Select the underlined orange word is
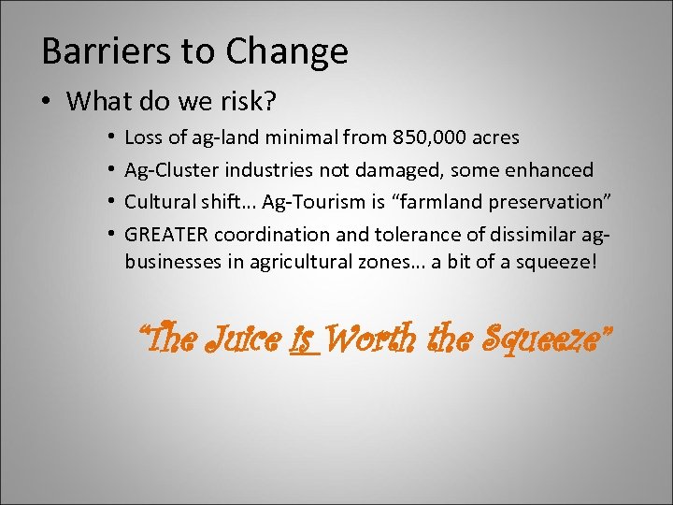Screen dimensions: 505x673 tap(302, 338)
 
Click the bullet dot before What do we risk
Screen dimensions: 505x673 tap(47, 101)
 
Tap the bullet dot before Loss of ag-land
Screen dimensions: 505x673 tap(110, 138)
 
